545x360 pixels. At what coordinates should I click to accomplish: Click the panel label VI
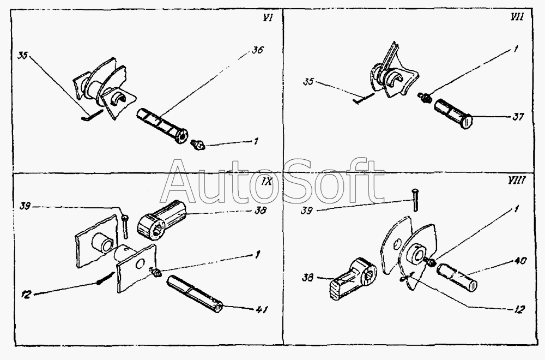[x=267, y=18]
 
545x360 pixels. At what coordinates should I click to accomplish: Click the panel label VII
[x=517, y=17]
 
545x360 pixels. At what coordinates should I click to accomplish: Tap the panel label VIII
[x=517, y=180]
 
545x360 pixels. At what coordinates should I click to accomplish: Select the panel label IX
[x=267, y=182]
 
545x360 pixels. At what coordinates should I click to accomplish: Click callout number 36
[x=258, y=50]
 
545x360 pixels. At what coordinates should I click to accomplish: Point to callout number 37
[x=518, y=117]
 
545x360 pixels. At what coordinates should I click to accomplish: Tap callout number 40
[x=520, y=261]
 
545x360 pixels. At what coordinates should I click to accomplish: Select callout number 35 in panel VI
[x=23, y=56]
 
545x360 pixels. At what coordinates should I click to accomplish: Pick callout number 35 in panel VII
[x=308, y=82]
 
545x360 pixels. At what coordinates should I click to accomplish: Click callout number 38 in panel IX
[x=260, y=210]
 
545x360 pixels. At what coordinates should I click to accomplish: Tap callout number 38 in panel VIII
[x=308, y=278]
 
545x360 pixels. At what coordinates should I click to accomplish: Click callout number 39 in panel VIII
[x=306, y=211]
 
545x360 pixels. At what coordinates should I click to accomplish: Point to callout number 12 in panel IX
[x=26, y=294]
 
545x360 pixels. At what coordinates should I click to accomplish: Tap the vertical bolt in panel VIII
[x=415, y=200]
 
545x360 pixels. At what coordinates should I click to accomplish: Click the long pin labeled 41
[x=195, y=294]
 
